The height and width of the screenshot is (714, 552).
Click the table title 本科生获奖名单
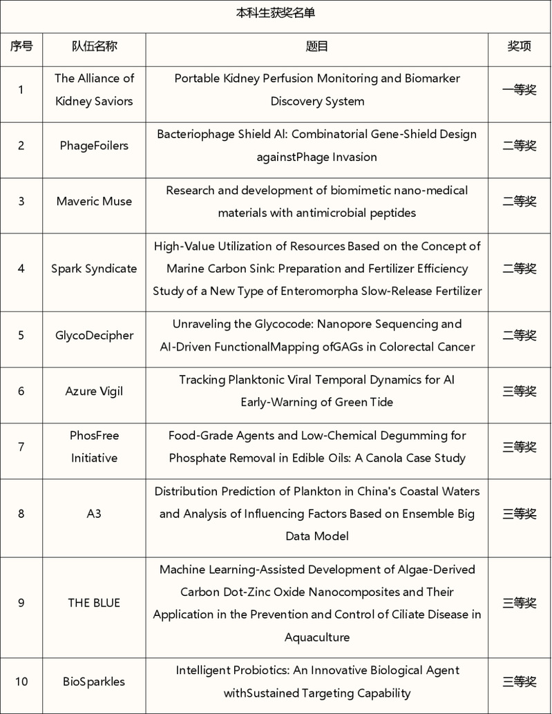pos(276,13)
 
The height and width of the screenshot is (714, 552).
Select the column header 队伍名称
pos(94,46)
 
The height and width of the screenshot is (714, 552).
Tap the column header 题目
pos(316,46)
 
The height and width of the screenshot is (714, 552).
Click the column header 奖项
pos(519,46)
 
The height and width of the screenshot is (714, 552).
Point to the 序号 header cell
pos(21,46)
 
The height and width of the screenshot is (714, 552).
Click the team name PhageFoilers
pos(94,145)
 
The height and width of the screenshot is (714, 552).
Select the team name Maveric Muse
pos(94,201)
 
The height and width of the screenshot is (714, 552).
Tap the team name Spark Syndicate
pos(94,269)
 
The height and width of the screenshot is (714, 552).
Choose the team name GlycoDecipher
pos(94,335)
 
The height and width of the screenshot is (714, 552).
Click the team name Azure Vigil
pos(94,391)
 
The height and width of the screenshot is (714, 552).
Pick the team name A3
pos(94,514)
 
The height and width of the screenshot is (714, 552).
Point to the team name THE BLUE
pos(94,603)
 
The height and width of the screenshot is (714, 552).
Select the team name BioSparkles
pos(94,682)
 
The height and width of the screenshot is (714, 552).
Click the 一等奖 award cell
pos(519,90)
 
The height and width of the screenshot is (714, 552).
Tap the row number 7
pos(21,447)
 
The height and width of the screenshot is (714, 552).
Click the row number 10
pos(21,682)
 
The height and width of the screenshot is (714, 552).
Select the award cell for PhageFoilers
pos(519,145)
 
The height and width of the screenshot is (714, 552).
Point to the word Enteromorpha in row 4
pos(314,291)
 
